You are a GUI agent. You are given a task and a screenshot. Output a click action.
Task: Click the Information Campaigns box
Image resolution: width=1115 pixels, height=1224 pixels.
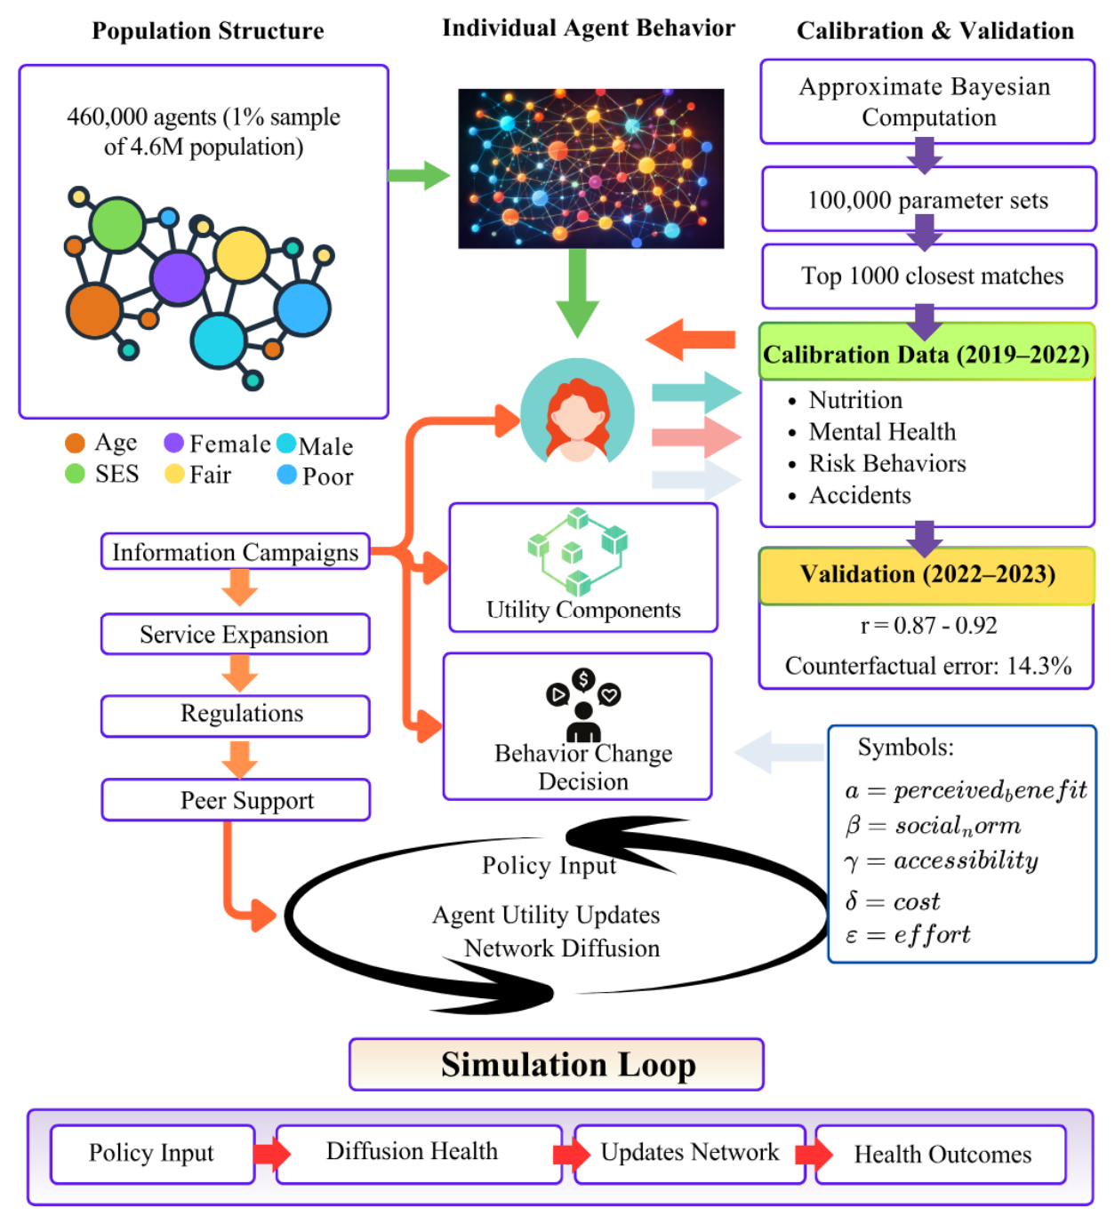tap(235, 551)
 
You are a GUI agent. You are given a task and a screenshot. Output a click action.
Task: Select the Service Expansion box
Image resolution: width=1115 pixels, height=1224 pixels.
tap(235, 634)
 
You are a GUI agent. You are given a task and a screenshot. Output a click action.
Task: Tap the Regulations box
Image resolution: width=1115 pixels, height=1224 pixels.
tap(235, 716)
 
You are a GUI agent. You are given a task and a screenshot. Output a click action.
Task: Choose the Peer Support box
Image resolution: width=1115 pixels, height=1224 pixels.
tap(236, 799)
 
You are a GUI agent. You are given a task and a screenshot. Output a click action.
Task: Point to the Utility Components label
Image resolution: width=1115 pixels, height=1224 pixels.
tap(583, 609)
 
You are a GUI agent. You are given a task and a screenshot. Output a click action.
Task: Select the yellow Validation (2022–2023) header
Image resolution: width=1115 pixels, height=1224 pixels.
tap(926, 575)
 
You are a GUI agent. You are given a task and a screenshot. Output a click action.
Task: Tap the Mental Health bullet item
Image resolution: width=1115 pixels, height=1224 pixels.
tap(882, 431)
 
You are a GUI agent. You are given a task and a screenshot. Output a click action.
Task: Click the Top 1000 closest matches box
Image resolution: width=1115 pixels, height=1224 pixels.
tap(929, 276)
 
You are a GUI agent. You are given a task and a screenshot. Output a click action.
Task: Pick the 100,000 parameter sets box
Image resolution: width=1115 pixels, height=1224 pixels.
tap(929, 199)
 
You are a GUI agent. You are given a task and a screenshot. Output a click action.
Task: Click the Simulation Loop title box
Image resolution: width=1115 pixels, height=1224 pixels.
tap(557, 1064)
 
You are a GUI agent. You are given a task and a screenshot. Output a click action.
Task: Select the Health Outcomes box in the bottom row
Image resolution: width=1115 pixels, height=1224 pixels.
tap(941, 1154)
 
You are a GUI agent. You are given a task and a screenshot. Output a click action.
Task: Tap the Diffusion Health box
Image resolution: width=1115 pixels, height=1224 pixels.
tap(419, 1154)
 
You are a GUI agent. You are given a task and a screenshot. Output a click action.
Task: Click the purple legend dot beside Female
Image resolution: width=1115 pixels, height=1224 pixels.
tap(174, 443)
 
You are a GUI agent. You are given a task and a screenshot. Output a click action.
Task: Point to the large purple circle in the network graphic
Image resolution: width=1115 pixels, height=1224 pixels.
tap(179, 278)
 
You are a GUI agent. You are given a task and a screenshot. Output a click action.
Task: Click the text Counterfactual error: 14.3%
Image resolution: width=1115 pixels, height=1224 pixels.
tap(928, 665)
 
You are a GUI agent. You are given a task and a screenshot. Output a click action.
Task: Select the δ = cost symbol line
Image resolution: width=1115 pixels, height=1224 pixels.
tap(892, 900)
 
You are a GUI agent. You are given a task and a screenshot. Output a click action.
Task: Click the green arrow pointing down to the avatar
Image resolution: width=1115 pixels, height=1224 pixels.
tap(577, 292)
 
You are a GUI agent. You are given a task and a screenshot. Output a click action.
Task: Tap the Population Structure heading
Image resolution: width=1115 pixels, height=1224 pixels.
tap(207, 30)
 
